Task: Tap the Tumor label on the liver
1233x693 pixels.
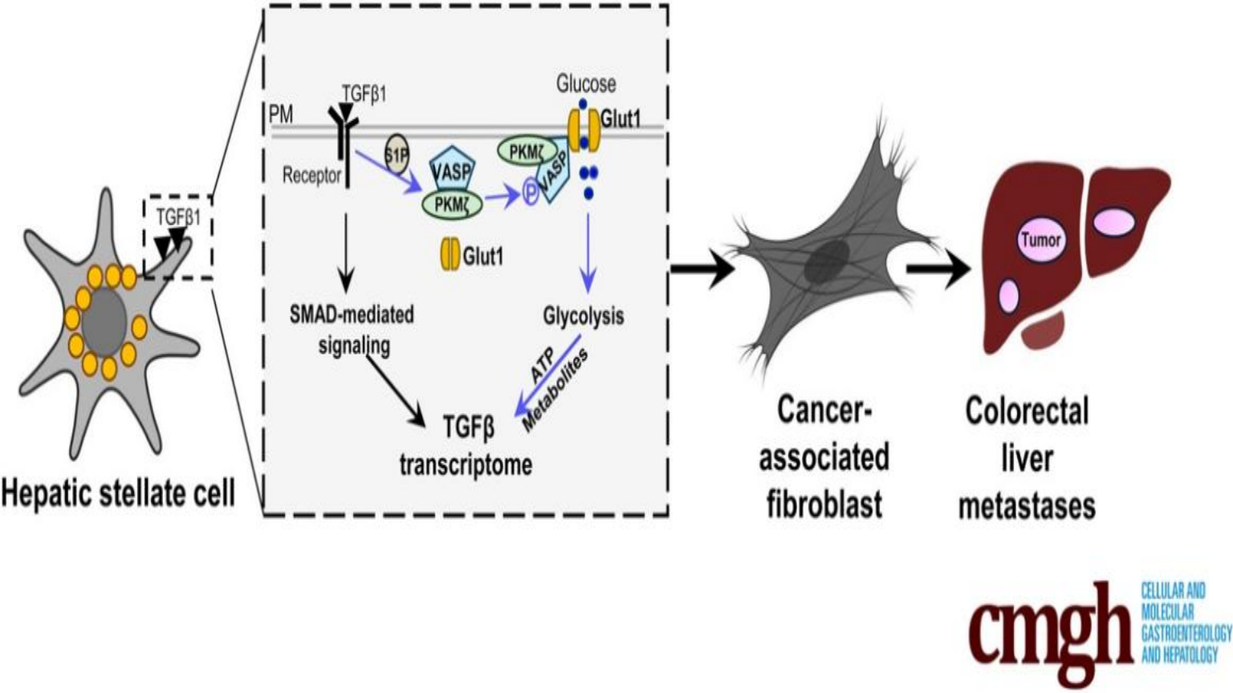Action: pyautogui.click(x=1040, y=239)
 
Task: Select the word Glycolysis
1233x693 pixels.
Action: pyautogui.click(x=583, y=316)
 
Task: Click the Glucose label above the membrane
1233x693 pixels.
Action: pyautogui.click(x=586, y=83)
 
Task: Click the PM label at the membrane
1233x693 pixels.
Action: pyautogui.click(x=281, y=115)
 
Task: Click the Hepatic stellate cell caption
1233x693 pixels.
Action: pyautogui.click(x=118, y=492)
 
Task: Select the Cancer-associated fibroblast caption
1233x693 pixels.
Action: pyautogui.click(x=824, y=458)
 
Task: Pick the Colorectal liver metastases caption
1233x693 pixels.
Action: pyautogui.click(x=1027, y=459)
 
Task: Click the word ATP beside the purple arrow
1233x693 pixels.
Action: pyautogui.click(x=544, y=365)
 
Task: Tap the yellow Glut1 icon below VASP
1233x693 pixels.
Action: pyautogui.click(x=450, y=256)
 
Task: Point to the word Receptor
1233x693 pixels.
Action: pyautogui.click(x=311, y=175)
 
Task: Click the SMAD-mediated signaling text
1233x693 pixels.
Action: pyautogui.click(x=352, y=329)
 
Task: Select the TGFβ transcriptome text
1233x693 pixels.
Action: pyautogui.click(x=466, y=446)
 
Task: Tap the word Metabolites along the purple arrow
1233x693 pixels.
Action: pyautogui.click(x=555, y=391)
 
